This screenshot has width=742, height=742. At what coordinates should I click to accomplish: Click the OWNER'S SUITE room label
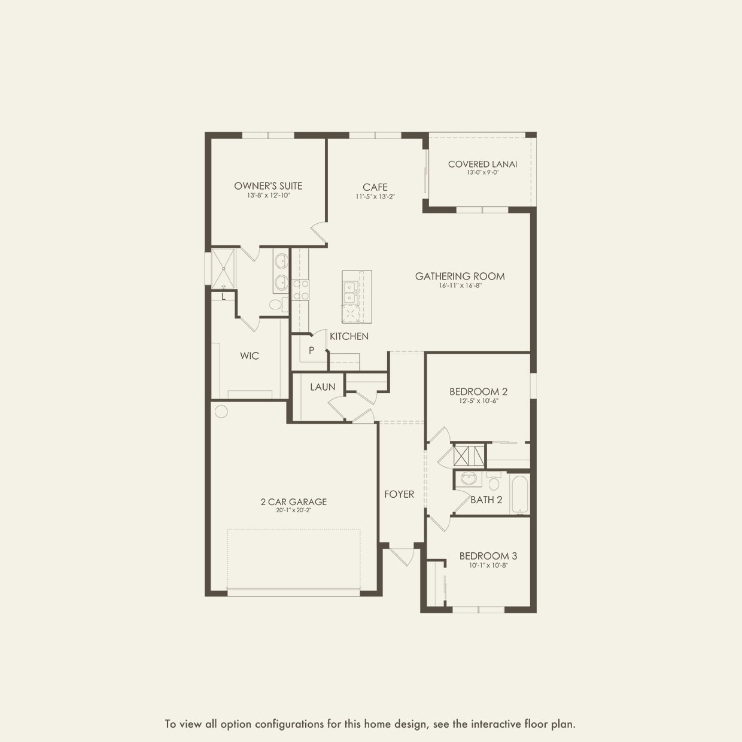coord(268,186)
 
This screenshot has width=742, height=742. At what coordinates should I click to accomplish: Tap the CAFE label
coord(375,187)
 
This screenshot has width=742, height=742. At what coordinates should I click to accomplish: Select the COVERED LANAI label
coord(482,164)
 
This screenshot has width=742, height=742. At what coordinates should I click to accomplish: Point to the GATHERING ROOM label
coord(460,276)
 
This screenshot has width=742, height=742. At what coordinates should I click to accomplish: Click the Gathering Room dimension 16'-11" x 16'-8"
coord(460,286)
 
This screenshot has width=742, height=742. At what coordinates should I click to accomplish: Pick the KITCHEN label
coord(349,336)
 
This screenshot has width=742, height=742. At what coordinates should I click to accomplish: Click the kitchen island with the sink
coord(357,296)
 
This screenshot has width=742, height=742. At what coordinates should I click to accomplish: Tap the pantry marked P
coord(311,351)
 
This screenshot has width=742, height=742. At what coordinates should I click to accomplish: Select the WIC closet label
coord(250,356)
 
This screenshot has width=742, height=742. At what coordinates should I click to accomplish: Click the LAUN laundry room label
coord(323,387)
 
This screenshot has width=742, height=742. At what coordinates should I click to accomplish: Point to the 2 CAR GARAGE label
coord(293,502)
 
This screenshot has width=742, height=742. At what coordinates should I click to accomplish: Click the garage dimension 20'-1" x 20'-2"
coord(293,510)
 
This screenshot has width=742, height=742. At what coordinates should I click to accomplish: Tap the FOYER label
coord(399,494)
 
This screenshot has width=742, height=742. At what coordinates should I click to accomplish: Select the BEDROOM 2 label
coord(478,392)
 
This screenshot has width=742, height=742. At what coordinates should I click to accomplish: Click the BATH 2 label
coord(486,500)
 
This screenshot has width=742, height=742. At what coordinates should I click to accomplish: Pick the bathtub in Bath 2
coord(519,494)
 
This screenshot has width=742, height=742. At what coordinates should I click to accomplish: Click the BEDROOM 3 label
coord(488,556)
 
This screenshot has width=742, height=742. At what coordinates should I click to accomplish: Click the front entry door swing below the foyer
coord(401,555)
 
